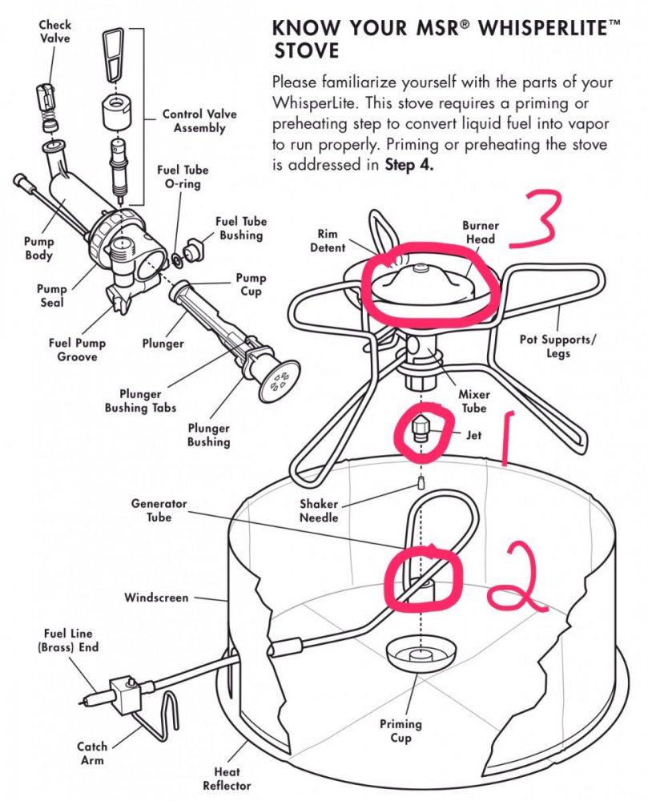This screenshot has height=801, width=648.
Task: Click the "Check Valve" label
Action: click(54, 33)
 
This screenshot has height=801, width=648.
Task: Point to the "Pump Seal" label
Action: click(51, 296)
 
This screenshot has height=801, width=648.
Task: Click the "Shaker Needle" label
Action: click(319, 510)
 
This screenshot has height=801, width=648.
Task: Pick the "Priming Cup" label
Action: click(400, 731)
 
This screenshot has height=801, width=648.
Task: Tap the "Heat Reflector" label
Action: click(231, 779)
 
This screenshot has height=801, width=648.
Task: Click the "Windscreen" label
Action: click(156, 598)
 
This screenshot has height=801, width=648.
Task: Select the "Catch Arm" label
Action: click(92, 753)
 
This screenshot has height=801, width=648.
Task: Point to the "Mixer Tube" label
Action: click(473, 400)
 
